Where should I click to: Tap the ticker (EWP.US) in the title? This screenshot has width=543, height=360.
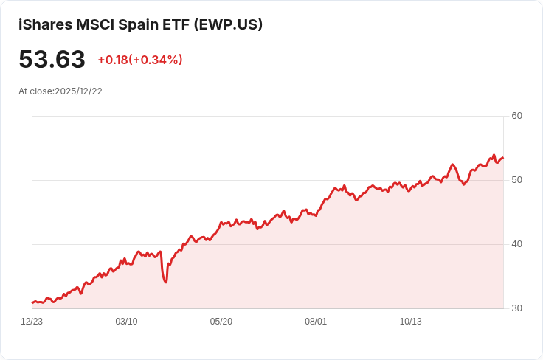click(228, 24)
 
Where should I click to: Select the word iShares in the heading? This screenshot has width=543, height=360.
click(45, 24)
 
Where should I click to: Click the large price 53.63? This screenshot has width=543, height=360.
click(52, 59)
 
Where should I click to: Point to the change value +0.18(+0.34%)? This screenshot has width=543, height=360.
click(140, 60)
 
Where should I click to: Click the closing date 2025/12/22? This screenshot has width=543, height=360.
click(79, 91)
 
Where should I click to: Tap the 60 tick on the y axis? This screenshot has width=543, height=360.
click(516, 116)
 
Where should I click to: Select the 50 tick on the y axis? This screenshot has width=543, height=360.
click(516, 180)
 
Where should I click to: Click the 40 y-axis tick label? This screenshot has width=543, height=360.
click(516, 244)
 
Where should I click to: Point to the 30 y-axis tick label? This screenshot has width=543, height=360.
click(516, 308)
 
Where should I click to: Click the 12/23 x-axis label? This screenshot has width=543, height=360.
click(32, 322)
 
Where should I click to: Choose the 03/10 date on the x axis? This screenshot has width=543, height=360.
click(126, 322)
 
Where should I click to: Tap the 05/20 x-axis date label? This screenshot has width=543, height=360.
click(221, 322)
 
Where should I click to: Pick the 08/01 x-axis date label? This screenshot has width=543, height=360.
click(316, 322)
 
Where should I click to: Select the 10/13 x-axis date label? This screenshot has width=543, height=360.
click(411, 322)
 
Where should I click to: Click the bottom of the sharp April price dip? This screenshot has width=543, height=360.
click(166, 282)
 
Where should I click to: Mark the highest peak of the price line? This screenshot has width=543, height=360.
click(494, 155)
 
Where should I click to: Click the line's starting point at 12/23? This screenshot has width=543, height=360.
click(32, 303)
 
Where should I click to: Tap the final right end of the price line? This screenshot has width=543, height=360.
click(503, 158)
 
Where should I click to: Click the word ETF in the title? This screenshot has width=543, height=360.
click(176, 24)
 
